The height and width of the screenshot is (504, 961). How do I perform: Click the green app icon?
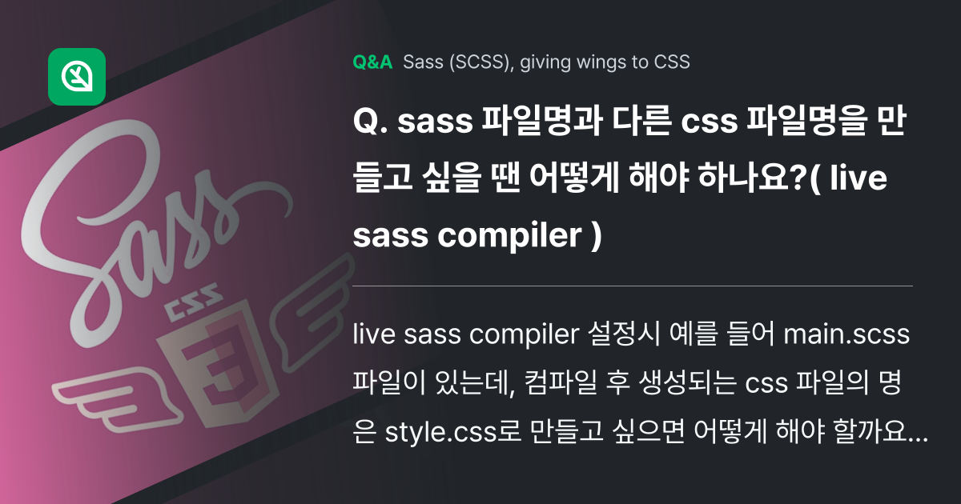pos(77,77)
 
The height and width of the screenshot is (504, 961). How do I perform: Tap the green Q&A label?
pos(372,62)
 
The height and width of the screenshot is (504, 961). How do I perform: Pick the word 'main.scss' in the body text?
pos(846,335)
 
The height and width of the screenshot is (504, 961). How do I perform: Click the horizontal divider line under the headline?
pos(633,286)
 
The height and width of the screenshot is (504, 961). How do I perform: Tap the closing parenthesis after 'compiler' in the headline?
pos(593,236)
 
